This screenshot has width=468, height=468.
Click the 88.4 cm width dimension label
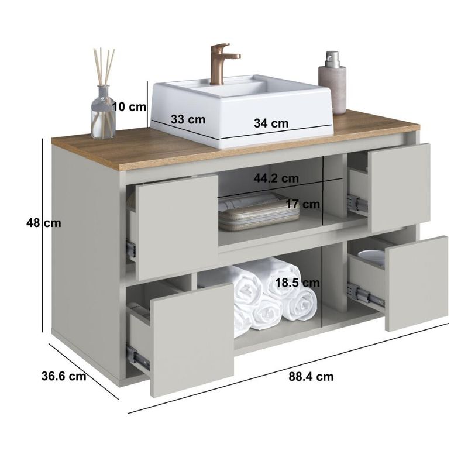(311, 377)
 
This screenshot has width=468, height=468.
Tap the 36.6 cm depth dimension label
(64, 376)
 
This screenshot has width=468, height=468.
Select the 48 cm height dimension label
(43, 223)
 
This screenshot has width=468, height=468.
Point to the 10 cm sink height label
(129, 106)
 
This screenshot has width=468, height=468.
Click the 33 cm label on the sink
(188, 119)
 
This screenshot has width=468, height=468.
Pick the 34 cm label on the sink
(271, 123)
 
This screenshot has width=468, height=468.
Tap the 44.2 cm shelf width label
(276, 178)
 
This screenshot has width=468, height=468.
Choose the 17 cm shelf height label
(303, 204)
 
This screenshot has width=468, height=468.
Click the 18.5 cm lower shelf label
(297, 283)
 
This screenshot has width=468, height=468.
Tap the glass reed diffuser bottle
(104, 112)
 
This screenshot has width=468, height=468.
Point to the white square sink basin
(242, 111)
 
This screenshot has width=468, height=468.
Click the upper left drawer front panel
(177, 228)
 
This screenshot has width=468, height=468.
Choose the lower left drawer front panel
(192, 340)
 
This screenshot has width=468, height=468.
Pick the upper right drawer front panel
(400, 188)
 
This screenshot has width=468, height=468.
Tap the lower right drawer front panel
(417, 284)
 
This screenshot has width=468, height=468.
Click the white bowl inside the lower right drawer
(371, 257)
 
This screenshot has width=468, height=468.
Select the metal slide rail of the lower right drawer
(366, 295)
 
